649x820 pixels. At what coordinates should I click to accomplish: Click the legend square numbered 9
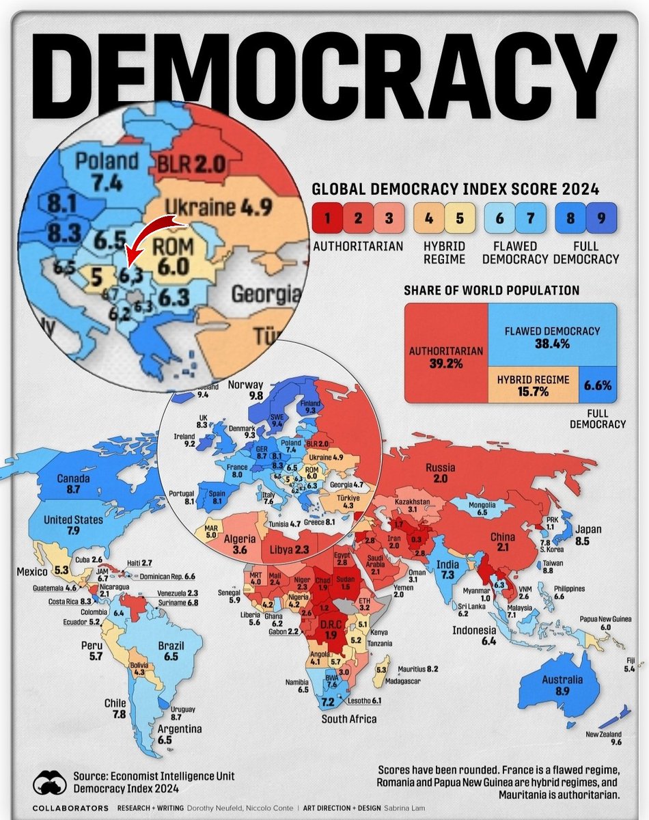[601, 219]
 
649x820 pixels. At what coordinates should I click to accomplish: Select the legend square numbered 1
[327, 219]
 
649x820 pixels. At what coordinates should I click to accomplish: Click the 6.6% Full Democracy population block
[597, 385]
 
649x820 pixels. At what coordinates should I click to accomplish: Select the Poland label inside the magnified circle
[106, 162]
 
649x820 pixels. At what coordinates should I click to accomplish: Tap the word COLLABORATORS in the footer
[71, 808]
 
